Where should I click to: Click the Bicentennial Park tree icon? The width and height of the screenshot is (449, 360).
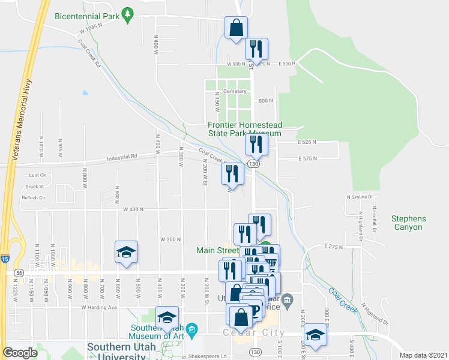(127, 15)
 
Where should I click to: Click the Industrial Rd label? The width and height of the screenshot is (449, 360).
(122, 157)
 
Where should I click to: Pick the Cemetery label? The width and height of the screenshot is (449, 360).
(235, 91)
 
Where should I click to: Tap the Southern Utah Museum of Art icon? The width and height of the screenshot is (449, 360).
(191, 329)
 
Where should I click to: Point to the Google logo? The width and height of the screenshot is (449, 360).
(20, 353)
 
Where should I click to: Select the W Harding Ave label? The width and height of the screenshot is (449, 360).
(99, 307)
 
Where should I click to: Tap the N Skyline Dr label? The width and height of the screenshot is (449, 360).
(360, 197)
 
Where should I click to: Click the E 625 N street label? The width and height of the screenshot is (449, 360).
(307, 142)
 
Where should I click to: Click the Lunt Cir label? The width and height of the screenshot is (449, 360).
(38, 175)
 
